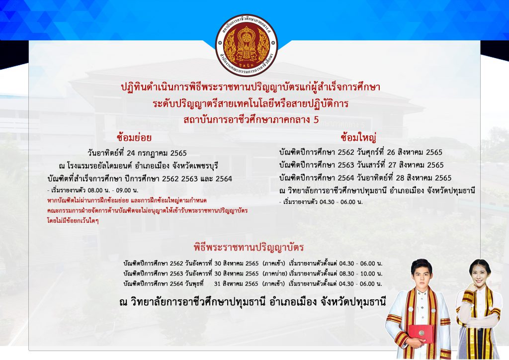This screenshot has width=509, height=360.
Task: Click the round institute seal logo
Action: pos(247,45)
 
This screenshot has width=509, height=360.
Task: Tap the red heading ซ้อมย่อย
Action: pos(134,138)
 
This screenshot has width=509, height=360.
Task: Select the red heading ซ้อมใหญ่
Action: pos(358,138)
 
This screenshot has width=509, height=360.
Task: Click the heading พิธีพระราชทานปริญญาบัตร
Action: pos(249,247)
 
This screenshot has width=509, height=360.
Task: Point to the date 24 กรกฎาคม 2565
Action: pos(157,153)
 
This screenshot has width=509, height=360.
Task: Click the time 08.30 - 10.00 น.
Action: pos(361,273)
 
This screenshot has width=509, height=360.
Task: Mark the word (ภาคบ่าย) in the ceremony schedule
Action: pos(274,273)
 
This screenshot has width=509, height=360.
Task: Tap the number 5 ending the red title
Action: pos(316,120)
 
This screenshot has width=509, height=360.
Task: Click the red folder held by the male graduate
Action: pos(421,333)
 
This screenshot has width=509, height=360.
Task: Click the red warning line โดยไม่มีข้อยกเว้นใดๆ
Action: pos(73,221)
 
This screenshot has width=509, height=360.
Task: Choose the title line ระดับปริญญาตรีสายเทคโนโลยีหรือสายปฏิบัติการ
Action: pos(251,103)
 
